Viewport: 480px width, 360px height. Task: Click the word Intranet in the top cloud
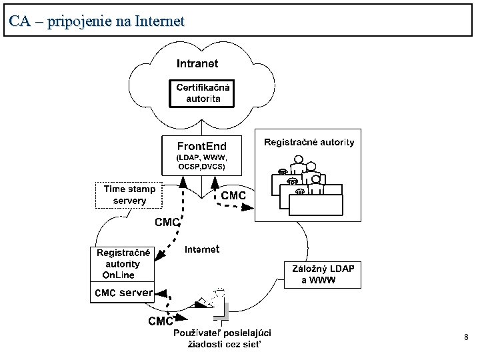[x=197, y=64]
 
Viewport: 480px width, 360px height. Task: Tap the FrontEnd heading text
[x=201, y=146]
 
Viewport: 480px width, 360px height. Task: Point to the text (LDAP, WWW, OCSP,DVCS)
[x=201, y=162]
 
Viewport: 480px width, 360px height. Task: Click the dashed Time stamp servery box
[x=129, y=195]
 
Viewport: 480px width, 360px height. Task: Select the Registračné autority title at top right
[x=309, y=142]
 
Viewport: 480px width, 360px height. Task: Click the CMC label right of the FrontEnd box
[x=233, y=195]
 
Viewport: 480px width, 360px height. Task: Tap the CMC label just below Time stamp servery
[x=167, y=222]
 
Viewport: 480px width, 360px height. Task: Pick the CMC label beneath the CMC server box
[x=160, y=321]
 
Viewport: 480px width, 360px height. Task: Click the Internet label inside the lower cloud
[x=201, y=249]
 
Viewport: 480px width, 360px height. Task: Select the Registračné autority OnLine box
[x=123, y=264]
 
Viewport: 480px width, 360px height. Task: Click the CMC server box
[x=123, y=293]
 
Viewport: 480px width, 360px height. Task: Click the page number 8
[x=466, y=338]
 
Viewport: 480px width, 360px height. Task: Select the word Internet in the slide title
[x=159, y=21]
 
